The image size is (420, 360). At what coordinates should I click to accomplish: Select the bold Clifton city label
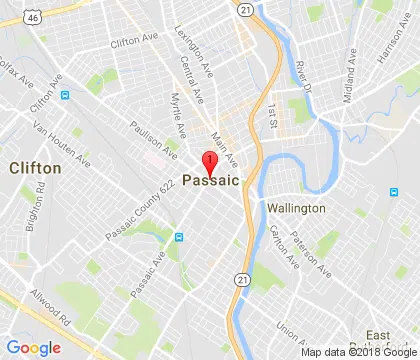pyautogui.click(x=34, y=168)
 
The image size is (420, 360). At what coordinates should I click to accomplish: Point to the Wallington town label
pyautogui.click(x=296, y=208)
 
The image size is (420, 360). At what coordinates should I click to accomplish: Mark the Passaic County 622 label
pyautogui.click(x=145, y=213)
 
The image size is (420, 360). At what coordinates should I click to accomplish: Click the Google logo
pyautogui.click(x=34, y=347)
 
